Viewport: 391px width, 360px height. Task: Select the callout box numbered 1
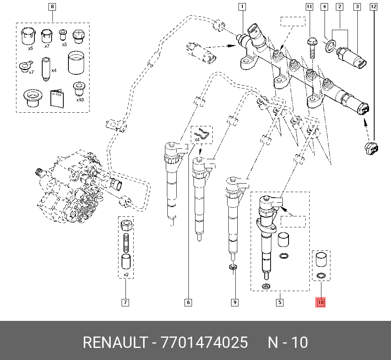click(x=242, y=7)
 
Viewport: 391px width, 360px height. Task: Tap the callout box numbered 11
click(x=309, y=7)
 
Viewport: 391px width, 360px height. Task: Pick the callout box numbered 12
click(x=373, y=7)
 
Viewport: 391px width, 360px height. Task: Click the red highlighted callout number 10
click(x=321, y=302)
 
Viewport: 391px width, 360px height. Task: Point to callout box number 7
click(x=125, y=302)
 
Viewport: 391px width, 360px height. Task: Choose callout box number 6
click(x=188, y=302)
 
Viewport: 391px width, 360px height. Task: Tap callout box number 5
click(x=280, y=302)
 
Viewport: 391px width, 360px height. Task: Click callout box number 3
click(x=357, y=7)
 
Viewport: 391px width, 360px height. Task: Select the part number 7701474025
click(x=203, y=343)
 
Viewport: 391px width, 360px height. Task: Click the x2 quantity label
click(x=126, y=275)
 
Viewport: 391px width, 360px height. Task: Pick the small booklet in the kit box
click(x=57, y=98)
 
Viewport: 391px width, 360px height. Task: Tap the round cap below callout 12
click(x=370, y=149)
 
